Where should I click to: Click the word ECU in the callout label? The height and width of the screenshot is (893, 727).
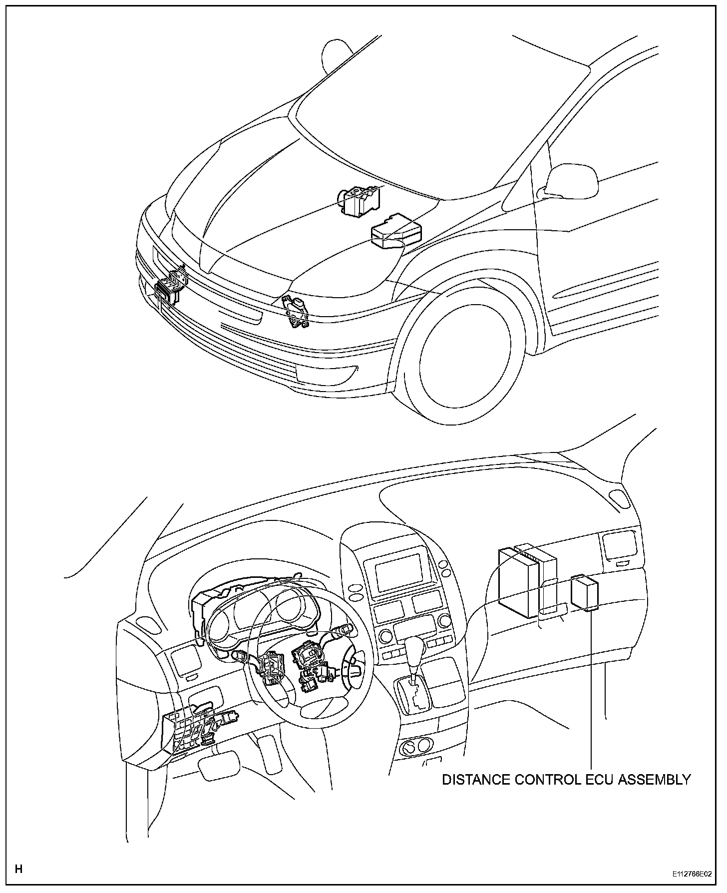[x=599, y=779]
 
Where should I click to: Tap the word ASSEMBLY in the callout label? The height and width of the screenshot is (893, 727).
[x=655, y=779]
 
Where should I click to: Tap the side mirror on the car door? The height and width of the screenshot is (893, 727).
[x=572, y=179]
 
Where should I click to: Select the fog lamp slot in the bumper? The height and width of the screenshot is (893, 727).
[x=327, y=372]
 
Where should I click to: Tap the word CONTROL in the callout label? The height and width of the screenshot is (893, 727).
[x=546, y=779]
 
